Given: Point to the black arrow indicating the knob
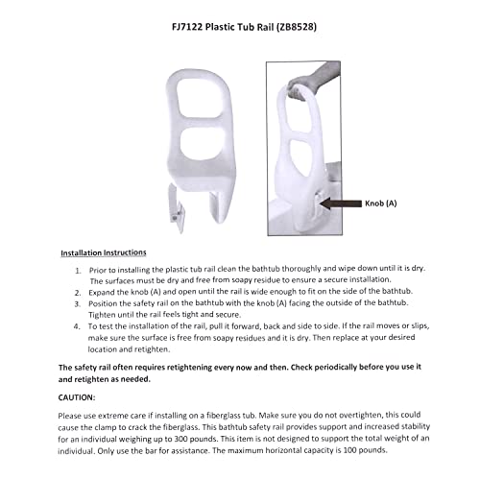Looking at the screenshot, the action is pyautogui.click(x=337, y=204).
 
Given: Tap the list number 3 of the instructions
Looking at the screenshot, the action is pyautogui.click(x=78, y=310).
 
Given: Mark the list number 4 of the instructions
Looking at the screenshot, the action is pyautogui.click(x=78, y=335).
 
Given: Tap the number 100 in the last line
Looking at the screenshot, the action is pyautogui.click(x=372, y=453).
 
